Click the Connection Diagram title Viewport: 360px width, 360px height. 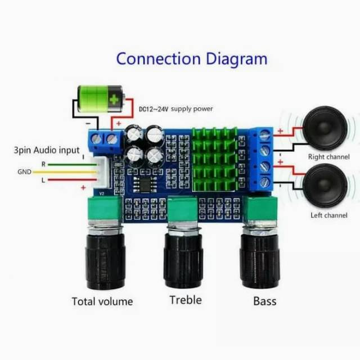(191, 58)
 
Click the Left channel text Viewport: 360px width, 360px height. (329, 215)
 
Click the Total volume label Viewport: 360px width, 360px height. (102, 301)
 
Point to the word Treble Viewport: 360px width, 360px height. (185, 300)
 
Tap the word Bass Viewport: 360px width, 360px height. (264, 301)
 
